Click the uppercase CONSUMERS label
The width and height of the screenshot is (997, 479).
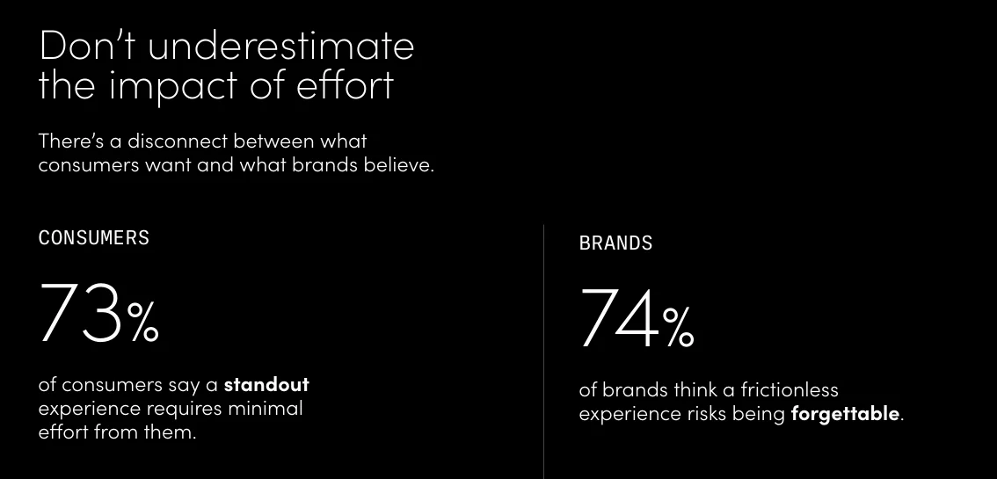coord(94,237)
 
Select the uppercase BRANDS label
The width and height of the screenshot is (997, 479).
coord(615,243)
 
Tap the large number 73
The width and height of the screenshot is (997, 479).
coord(79,313)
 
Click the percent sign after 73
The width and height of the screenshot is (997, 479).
coord(143,323)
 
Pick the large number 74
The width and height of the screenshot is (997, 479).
coord(619,318)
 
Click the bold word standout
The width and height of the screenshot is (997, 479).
coord(266,385)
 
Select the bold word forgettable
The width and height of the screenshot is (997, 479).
coord(845,414)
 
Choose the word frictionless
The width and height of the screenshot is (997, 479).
coord(790,389)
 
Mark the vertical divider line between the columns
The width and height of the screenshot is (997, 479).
coord(543,352)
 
